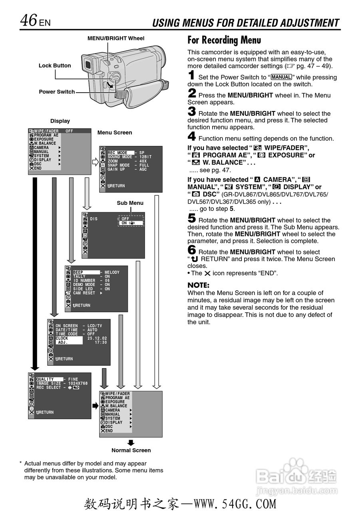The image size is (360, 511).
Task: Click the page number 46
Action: pyautogui.click(x=29, y=20)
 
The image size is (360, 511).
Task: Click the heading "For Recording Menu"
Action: pyautogui.click(x=224, y=40)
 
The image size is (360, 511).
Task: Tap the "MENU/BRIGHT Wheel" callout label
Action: pyautogui.click(x=116, y=38)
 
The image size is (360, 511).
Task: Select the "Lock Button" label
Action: pyautogui.click(x=55, y=65)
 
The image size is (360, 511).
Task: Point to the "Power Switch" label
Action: pyautogui.click(x=57, y=92)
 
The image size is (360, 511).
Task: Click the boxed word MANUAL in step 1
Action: pyautogui.click(x=281, y=77)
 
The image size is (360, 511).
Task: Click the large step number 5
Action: pyautogui.click(x=192, y=219)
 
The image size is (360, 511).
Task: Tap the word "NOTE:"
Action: pyautogui.click(x=199, y=285)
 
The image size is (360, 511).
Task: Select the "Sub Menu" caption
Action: pyautogui.click(x=130, y=203)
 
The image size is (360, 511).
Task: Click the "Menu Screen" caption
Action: pyautogui.click(x=115, y=133)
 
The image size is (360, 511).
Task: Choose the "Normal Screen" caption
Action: pyautogui.click(x=131, y=450)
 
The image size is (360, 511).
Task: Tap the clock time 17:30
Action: pyautogui.click(x=101, y=342)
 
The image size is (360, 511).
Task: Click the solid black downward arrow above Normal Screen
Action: pyautogui.click(x=131, y=442)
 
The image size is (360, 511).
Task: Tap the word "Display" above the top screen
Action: pyautogui.click(x=60, y=121)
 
